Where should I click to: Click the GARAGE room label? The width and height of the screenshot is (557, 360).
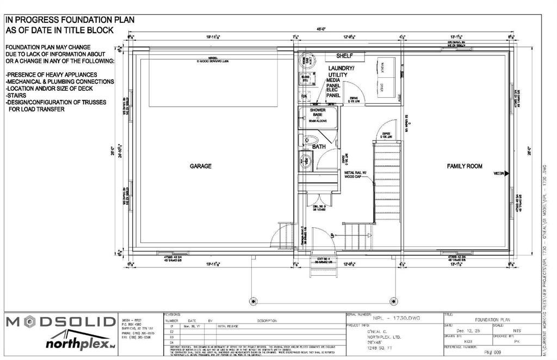[x=200, y=166]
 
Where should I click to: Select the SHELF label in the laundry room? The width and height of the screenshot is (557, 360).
[x=344, y=55]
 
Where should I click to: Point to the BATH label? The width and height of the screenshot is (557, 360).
[x=318, y=146]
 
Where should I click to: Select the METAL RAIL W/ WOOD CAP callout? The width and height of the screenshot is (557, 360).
[x=357, y=175]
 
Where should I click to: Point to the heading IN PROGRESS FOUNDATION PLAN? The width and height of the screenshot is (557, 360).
[x=70, y=20]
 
